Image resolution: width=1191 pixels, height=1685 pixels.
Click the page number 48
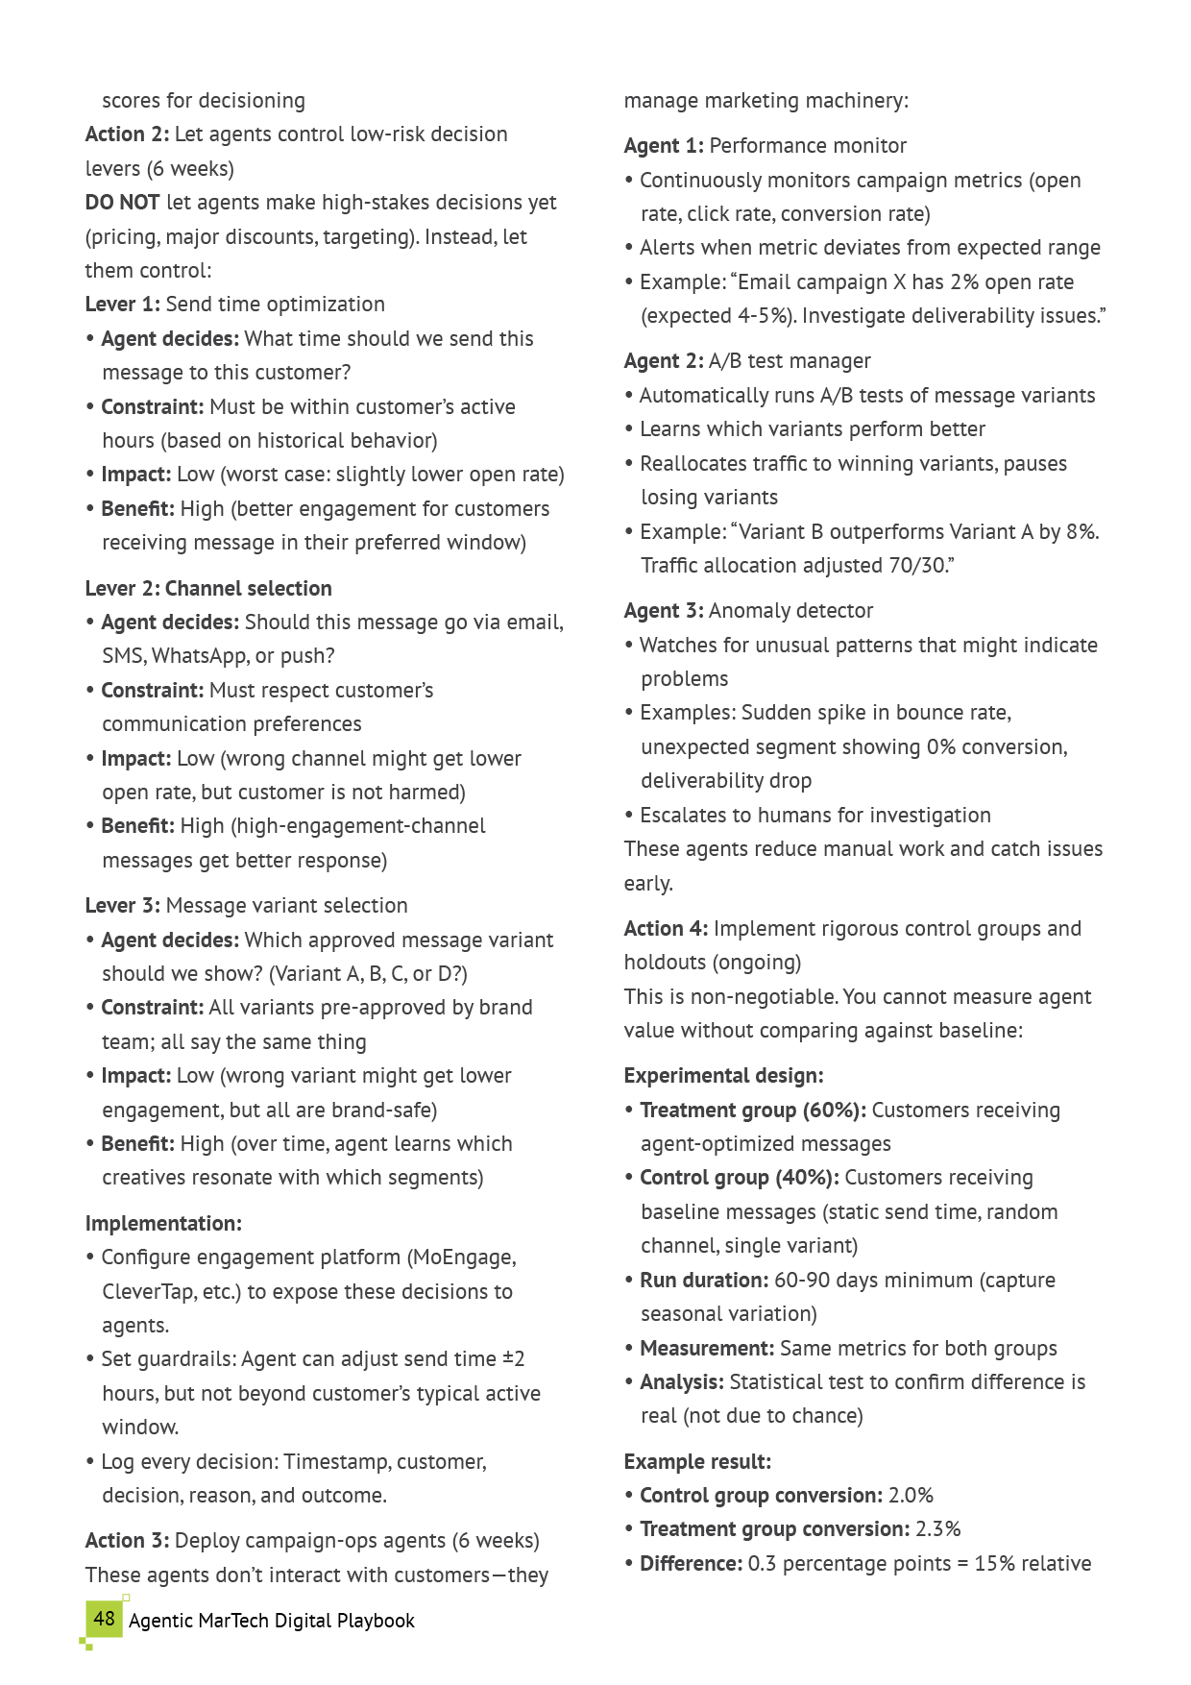[104, 1619]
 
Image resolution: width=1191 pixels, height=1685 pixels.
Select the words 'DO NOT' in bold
[122, 203]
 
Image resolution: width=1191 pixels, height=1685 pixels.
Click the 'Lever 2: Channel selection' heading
[208, 588]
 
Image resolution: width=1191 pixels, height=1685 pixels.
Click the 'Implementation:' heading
[163, 1223]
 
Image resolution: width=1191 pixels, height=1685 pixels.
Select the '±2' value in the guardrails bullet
[514, 1359]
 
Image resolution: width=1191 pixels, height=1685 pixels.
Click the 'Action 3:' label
[127, 1541]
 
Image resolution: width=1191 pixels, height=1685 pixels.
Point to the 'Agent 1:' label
[664, 146]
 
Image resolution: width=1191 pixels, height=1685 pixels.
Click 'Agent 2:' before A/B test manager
[664, 361]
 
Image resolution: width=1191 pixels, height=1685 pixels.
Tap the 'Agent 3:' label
[664, 611]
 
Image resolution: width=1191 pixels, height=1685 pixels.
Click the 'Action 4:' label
[666, 929]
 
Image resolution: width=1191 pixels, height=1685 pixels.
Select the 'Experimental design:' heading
[723, 1076]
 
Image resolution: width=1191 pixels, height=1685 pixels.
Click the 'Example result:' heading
[697, 1462]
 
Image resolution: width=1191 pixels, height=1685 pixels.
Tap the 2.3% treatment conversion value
[938, 1529]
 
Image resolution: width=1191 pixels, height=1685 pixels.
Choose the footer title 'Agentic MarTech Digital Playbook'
[272, 1621]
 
